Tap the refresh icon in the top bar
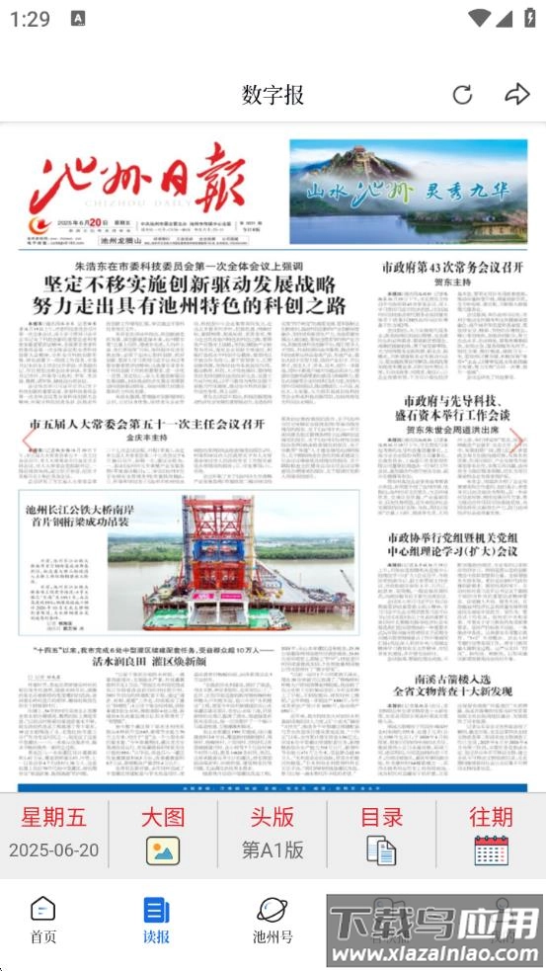coord(462,95)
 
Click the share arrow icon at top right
coord(516,95)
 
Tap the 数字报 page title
coord(273,95)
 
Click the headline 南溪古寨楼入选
coord(453,681)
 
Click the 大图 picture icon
coord(163,850)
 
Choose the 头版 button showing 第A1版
coord(273,834)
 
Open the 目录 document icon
coord(381,849)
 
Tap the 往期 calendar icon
coord(491,850)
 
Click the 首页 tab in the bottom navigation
coord(43,920)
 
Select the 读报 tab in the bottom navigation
coord(156,920)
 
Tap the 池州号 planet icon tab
coord(273,920)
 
